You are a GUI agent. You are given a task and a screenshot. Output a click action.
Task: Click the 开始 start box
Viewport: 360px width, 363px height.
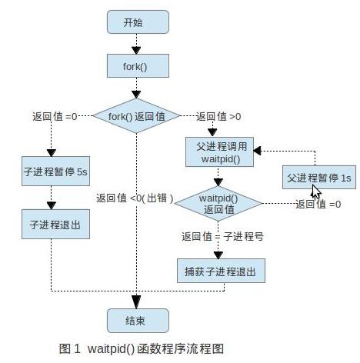(x=138, y=22)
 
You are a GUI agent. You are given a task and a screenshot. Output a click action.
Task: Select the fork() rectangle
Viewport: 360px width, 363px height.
(x=138, y=66)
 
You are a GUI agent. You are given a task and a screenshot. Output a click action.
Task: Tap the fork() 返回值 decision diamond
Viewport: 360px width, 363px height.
(x=136, y=116)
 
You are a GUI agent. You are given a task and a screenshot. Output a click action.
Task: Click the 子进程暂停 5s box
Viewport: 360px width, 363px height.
(x=55, y=171)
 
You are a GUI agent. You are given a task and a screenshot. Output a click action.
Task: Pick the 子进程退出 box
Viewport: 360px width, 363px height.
(x=55, y=225)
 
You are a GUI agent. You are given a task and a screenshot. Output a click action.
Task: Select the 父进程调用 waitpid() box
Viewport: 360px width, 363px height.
(x=220, y=152)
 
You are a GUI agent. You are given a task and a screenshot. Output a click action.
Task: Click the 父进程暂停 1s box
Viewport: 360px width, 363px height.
(x=319, y=178)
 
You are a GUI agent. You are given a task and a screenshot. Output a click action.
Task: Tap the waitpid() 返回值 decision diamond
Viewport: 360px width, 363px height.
(x=218, y=204)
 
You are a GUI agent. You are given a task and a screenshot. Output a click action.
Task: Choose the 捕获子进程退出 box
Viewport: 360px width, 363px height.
(x=221, y=271)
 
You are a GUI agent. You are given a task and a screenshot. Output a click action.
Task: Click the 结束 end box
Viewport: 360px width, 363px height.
(x=138, y=321)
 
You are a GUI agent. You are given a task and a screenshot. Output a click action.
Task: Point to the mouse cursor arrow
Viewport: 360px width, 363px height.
(x=316, y=191)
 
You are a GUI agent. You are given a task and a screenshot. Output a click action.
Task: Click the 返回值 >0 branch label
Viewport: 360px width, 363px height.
(x=218, y=117)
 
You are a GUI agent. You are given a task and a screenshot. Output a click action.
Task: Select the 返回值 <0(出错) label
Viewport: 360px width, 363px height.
(x=135, y=198)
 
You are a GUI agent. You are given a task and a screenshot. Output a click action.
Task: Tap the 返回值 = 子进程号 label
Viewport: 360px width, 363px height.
(x=222, y=236)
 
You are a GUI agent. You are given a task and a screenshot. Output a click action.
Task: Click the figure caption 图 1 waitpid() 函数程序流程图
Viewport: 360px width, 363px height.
(x=142, y=348)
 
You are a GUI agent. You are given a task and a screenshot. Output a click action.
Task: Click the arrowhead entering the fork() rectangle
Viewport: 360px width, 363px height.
(x=136, y=51)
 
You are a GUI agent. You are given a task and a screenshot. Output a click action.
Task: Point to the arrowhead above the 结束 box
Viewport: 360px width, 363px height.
(x=136, y=302)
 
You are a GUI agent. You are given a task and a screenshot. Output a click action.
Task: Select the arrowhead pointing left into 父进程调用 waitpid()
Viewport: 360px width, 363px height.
(x=257, y=151)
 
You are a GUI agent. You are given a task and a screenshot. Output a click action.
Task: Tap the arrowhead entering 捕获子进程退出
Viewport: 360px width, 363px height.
(x=218, y=255)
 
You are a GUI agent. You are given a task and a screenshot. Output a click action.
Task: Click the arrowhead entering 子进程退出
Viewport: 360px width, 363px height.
(x=52, y=205)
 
